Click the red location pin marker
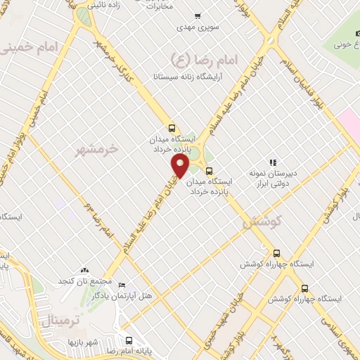tap(181, 166)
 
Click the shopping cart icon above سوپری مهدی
tap(197, 15)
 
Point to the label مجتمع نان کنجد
tap(85, 281)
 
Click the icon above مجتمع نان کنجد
tap(85, 269)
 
